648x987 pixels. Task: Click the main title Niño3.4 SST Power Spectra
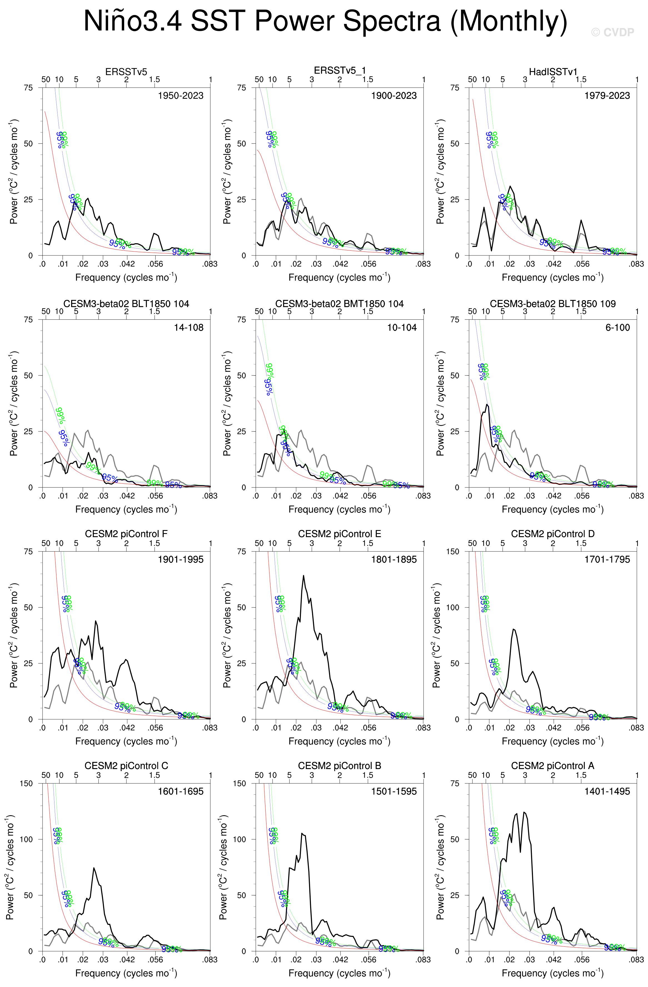point(325,21)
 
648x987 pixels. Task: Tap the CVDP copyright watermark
point(612,32)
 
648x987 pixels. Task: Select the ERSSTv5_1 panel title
point(340,71)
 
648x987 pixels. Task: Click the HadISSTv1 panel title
point(553,72)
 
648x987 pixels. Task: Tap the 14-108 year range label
point(189,328)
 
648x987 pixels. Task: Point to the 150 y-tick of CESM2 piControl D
point(452,551)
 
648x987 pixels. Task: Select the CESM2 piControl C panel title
point(126,765)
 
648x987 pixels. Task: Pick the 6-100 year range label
point(618,328)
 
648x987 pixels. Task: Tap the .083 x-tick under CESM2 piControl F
point(210,727)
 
